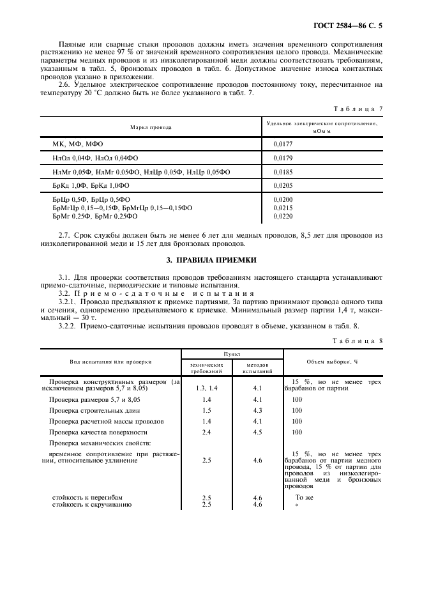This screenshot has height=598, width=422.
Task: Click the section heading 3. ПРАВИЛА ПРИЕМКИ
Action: [x=211, y=260]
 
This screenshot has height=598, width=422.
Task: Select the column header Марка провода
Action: [x=151, y=127]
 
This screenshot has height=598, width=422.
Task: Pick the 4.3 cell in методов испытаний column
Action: [x=257, y=410]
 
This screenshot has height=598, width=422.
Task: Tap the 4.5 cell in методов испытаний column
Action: [x=257, y=432]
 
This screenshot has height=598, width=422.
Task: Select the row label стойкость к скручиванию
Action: [x=91, y=505]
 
